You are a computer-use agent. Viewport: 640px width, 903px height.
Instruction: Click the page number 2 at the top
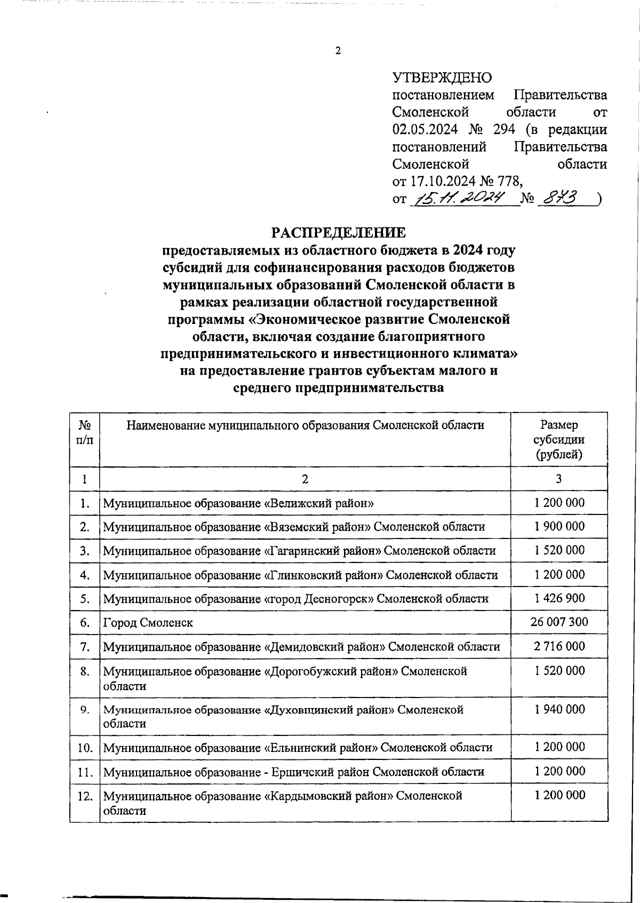click(x=338, y=51)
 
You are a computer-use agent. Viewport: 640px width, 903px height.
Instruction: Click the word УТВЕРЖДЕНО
click(x=442, y=78)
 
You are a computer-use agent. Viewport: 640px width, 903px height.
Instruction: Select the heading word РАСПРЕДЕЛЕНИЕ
click(x=338, y=233)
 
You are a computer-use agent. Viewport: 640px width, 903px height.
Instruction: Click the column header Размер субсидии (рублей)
click(x=559, y=440)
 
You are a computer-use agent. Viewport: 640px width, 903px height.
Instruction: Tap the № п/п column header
click(x=85, y=433)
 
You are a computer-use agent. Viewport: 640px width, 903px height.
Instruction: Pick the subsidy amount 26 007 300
click(x=559, y=622)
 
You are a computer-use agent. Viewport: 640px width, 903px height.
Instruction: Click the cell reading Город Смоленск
click(x=148, y=622)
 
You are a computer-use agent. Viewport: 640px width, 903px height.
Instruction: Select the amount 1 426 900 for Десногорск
click(x=559, y=598)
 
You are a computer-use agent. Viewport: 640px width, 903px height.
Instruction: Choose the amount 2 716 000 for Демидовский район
click(x=559, y=646)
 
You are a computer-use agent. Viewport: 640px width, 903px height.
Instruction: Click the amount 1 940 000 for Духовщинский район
click(x=559, y=709)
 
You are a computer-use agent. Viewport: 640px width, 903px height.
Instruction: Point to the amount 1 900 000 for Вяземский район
click(x=559, y=526)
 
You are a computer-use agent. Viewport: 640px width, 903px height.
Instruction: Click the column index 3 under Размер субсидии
click(x=558, y=479)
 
